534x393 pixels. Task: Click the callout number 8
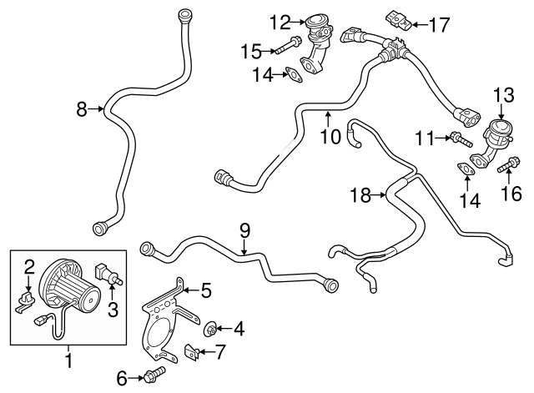coord(82,108)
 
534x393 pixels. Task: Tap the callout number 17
coord(439,25)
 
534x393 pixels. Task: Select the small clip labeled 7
coord(190,353)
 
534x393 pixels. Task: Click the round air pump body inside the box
coord(65,288)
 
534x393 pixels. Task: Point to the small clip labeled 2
coord(28,297)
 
